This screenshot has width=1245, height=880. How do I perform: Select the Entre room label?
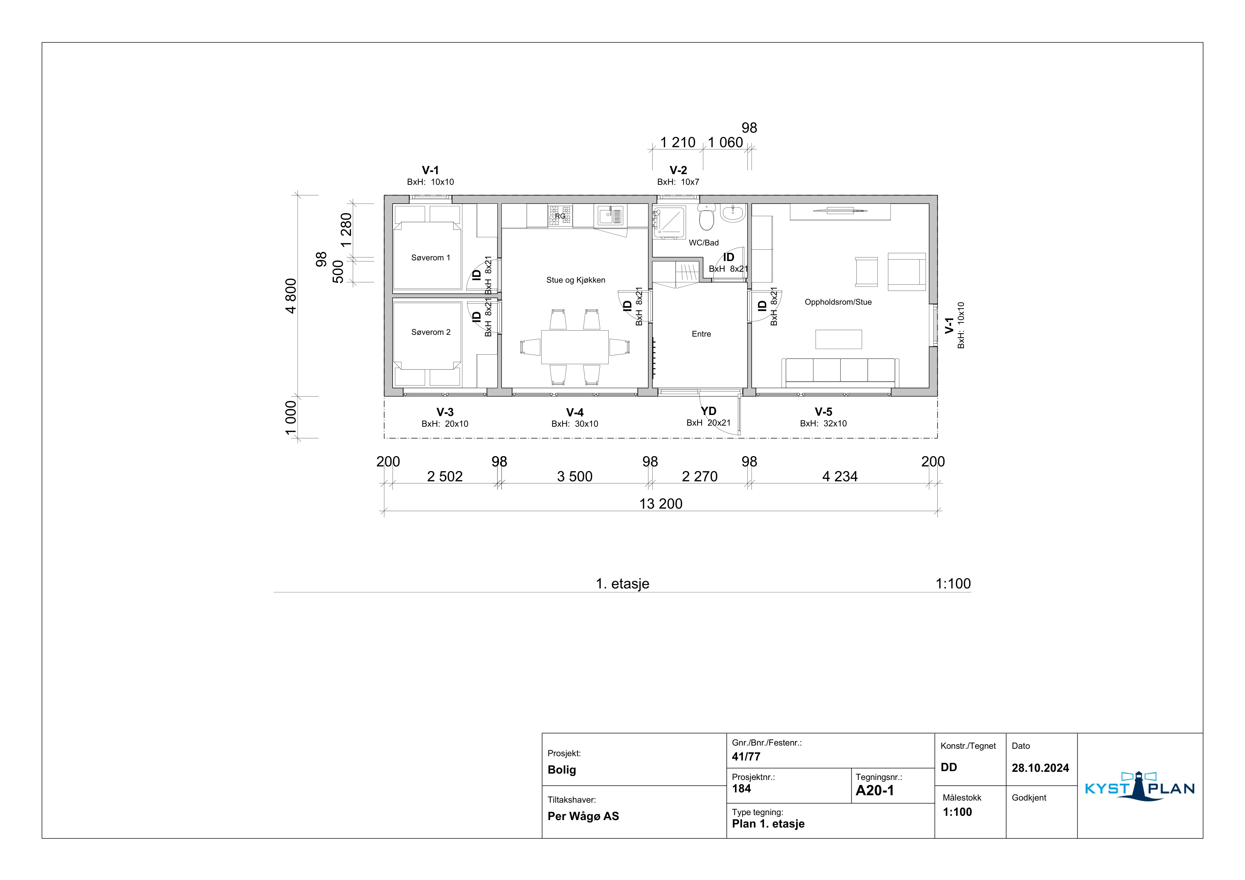[701, 334]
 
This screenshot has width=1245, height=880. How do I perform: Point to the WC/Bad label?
[704, 243]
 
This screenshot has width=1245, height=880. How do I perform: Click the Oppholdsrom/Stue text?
[838, 302]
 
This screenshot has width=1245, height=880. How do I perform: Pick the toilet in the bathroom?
[707, 218]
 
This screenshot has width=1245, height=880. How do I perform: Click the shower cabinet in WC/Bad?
[670, 222]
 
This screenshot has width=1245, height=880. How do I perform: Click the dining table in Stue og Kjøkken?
[575, 347]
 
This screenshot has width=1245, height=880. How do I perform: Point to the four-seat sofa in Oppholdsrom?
[840, 372]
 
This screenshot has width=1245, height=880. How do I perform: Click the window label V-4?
[575, 413]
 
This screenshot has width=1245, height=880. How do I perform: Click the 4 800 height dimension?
[291, 296]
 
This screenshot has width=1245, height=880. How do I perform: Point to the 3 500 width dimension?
[575, 476]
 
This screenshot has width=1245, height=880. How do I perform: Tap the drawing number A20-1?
[874, 791]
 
